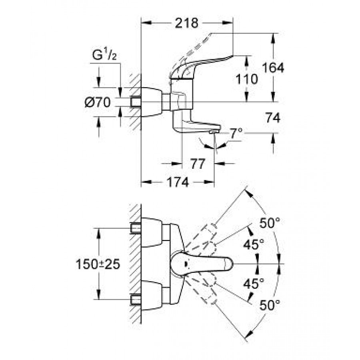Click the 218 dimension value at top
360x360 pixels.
187,23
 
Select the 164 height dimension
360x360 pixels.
274,68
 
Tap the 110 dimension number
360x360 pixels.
247,79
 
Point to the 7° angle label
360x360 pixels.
236,132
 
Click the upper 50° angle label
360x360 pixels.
268,223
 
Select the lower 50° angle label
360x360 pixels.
268,306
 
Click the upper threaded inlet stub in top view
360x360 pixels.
136,229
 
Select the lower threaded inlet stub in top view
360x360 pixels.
136,299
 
